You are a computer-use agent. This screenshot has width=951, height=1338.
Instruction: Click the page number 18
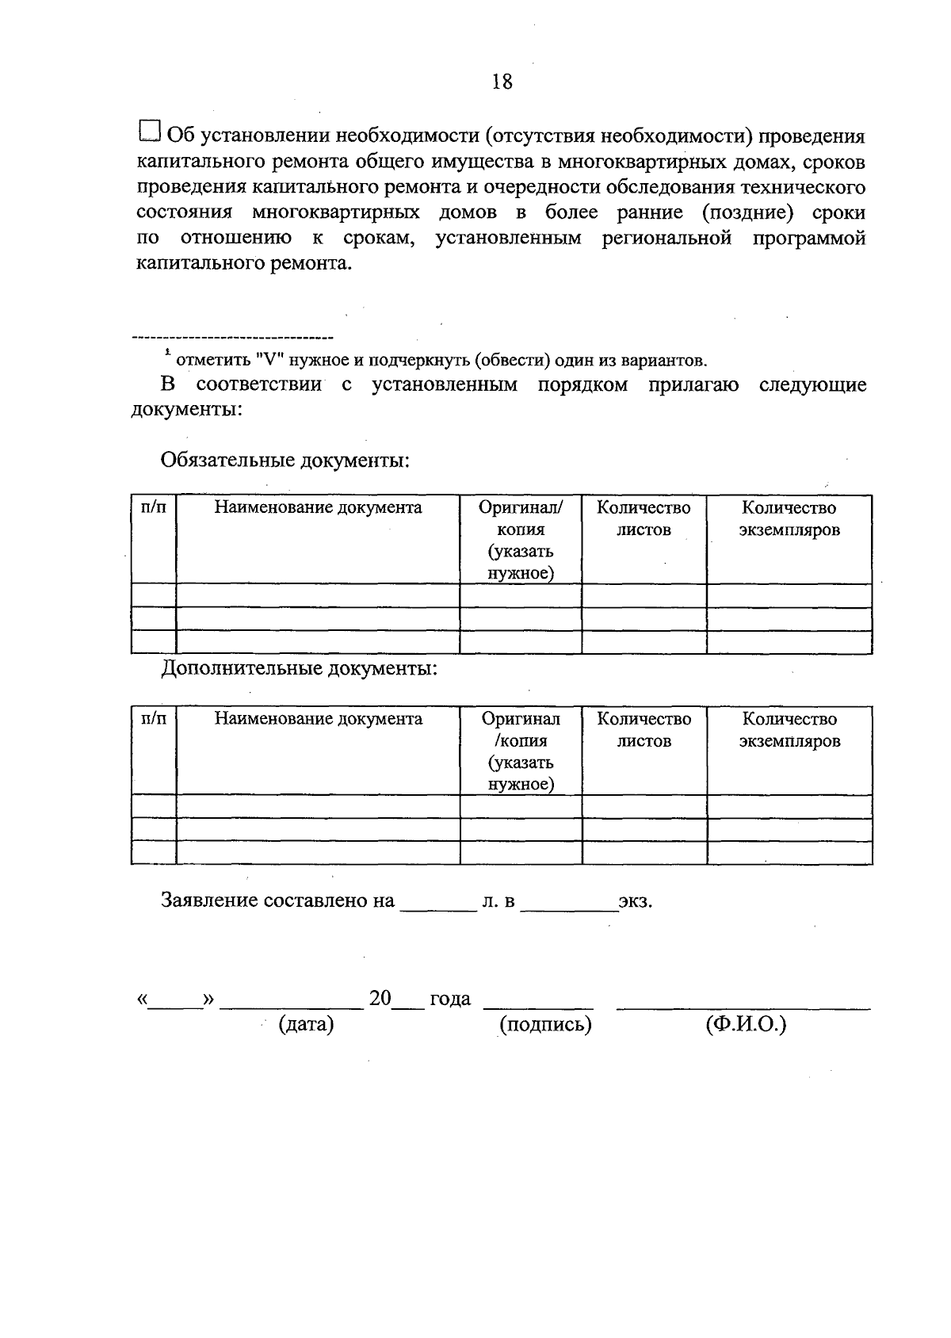(x=502, y=81)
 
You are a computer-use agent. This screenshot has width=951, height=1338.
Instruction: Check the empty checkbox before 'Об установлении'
(x=150, y=132)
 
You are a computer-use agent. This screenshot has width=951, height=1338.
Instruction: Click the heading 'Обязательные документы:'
(x=285, y=460)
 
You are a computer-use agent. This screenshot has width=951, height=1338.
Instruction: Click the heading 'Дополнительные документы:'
(x=300, y=668)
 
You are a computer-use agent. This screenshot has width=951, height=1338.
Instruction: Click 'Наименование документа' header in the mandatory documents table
(x=318, y=507)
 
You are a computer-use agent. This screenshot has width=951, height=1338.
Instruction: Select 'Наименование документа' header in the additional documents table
(x=318, y=719)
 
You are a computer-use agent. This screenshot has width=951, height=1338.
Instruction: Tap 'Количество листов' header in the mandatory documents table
(x=644, y=518)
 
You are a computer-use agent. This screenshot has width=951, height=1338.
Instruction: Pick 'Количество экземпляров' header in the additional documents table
(x=789, y=730)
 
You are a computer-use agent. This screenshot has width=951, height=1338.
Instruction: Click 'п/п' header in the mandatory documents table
(x=154, y=507)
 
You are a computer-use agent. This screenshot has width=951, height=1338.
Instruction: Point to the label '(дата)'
(x=306, y=1024)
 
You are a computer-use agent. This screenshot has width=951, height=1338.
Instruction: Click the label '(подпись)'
(x=545, y=1024)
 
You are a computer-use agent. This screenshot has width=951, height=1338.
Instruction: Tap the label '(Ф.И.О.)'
(x=745, y=1024)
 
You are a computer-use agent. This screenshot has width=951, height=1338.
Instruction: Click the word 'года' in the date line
(x=450, y=999)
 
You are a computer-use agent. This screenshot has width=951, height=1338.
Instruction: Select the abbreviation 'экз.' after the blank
(x=636, y=901)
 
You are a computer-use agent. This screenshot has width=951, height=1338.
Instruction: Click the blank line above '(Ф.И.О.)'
(x=743, y=1007)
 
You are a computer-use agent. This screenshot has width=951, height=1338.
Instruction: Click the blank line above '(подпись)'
(x=538, y=1007)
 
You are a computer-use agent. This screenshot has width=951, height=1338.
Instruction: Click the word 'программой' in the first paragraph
(x=808, y=238)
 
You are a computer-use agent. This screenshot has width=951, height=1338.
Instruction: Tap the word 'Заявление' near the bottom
(x=209, y=900)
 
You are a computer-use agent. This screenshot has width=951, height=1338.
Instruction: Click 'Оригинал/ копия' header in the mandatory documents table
(x=521, y=518)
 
